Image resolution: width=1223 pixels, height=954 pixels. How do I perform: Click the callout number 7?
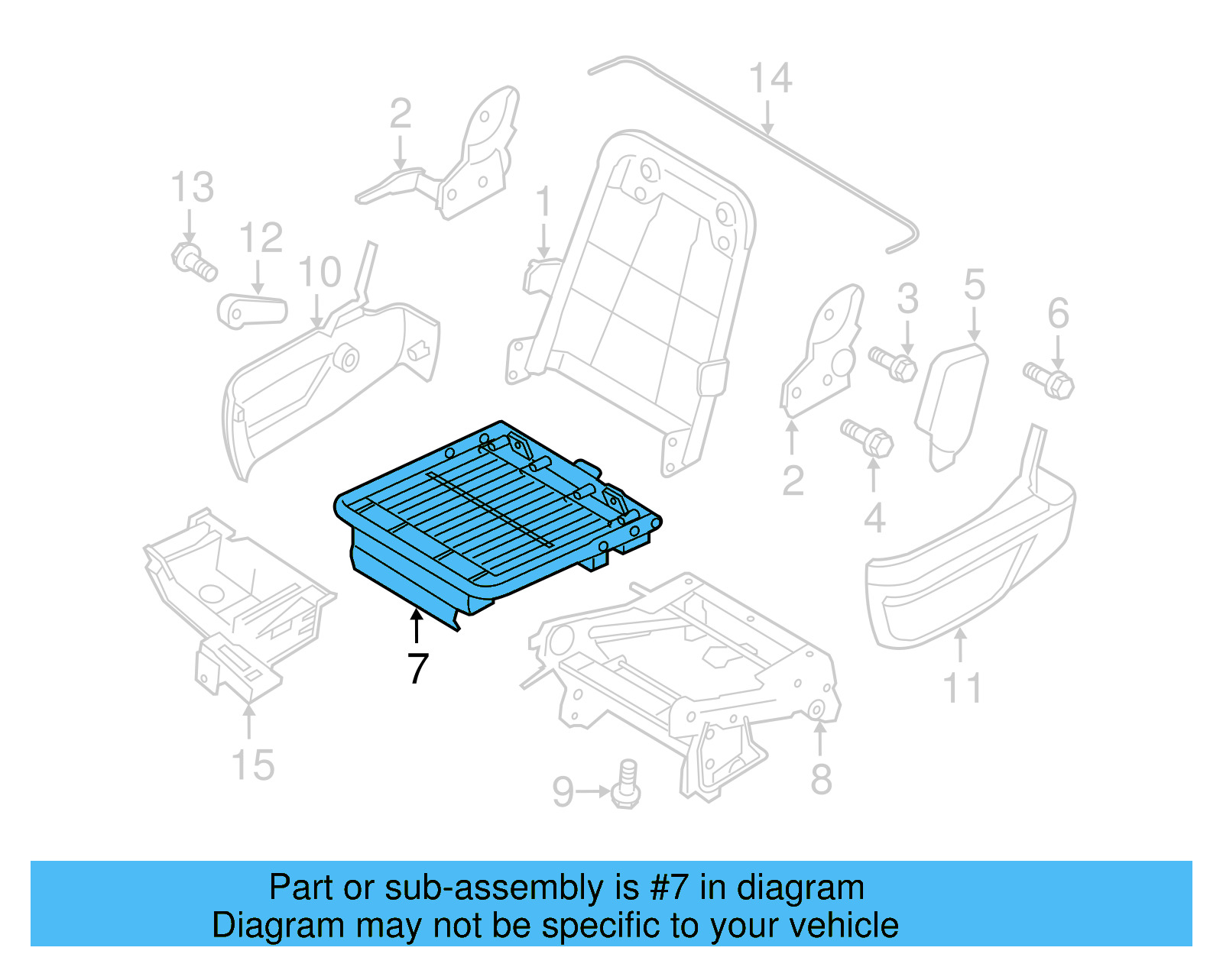[x=417, y=668]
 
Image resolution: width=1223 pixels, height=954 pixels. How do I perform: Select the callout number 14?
[x=770, y=79]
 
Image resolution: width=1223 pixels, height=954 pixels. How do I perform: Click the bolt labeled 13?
[x=193, y=260]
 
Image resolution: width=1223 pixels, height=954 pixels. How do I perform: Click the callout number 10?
[x=319, y=273]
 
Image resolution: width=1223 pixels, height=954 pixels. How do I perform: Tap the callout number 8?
[x=821, y=780]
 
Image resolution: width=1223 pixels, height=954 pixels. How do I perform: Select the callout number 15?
[x=252, y=765]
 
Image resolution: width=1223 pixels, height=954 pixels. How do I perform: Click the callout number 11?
[x=962, y=688]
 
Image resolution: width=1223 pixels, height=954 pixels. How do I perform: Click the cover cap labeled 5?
[x=951, y=405]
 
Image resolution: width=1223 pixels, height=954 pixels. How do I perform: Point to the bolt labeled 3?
[x=893, y=363]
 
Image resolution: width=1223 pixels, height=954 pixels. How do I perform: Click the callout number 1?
[x=543, y=202]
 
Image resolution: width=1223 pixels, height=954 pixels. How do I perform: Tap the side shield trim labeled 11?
[x=971, y=565]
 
